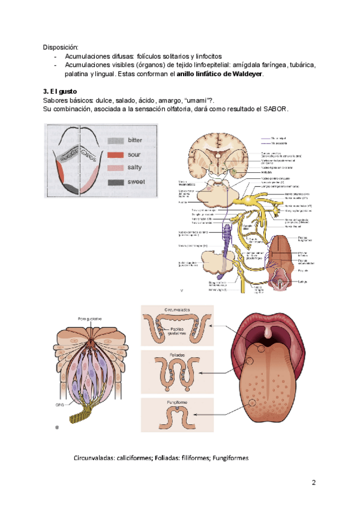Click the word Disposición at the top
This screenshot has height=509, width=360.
(x=60, y=47)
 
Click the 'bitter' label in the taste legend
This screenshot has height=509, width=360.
(x=136, y=140)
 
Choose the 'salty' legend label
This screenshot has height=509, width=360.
(x=135, y=167)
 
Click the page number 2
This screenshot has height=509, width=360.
(x=313, y=483)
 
